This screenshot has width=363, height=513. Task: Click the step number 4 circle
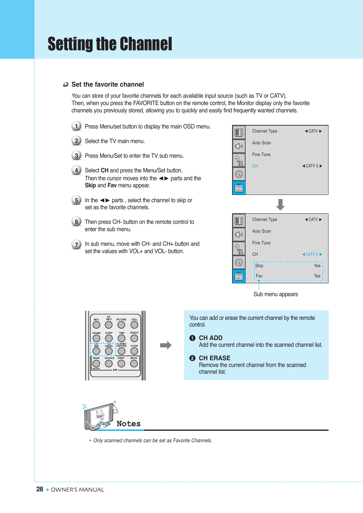coord(76,170)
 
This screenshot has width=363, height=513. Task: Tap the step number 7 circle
coord(76,244)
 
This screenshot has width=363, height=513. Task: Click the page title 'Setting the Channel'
coord(110,44)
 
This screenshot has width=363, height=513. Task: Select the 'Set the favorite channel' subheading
coord(107,85)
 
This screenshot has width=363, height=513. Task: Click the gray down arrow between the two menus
coord(280,204)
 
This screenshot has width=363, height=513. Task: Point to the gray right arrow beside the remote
coord(166,345)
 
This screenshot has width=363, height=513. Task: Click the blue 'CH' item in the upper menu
coord(255,166)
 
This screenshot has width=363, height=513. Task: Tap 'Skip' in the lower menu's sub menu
coord(259,266)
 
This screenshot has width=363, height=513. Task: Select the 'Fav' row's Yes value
coord(317,276)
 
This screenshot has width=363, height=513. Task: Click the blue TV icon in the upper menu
coord(239,188)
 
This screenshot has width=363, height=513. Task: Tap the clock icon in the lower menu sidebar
coord(239,262)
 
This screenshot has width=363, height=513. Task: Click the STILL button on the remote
coord(134,325)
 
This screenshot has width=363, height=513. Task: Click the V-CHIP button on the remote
coord(134,351)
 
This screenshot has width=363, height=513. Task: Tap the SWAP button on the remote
coord(121,363)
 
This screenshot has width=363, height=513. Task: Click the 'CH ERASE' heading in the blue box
coord(215,358)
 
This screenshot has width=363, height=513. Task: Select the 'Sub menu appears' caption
coord(275,294)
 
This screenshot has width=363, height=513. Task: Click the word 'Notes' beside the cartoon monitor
coord(129,424)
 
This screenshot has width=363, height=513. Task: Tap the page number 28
coord(40,489)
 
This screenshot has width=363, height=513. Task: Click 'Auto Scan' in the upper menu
coord(261,143)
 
